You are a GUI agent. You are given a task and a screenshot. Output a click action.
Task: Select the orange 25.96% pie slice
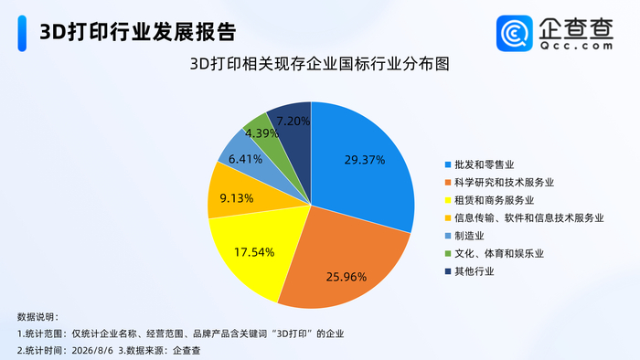coord(343,265)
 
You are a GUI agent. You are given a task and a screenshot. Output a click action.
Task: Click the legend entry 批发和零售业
coord(479,164)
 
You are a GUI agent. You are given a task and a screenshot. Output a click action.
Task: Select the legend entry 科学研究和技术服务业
coord(499,182)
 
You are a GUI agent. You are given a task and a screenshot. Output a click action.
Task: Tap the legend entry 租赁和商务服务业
coord(489,200)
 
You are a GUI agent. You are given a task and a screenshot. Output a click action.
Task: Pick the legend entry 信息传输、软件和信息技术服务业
coord(524,218)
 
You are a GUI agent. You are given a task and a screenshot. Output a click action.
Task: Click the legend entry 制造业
coord(464,236)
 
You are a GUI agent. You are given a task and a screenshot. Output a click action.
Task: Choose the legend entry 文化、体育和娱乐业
coord(495,254)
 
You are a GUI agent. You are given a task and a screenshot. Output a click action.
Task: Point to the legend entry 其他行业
coord(469,271)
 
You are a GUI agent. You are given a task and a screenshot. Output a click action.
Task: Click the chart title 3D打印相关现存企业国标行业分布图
coord(320,64)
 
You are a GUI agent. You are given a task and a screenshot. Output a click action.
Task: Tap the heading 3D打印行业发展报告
coord(138,32)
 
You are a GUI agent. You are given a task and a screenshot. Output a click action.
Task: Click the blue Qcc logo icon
coord(514,34)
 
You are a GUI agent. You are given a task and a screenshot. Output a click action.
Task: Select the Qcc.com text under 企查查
coord(576,46)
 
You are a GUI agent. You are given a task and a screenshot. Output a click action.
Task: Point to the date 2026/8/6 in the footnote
coord(92,351)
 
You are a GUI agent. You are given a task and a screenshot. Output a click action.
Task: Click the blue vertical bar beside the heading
coord(22,34)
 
